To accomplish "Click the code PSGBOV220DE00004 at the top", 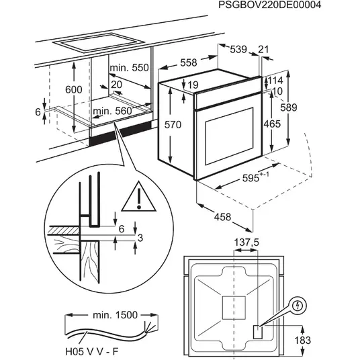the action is pyautogui.click(x=269, y=5).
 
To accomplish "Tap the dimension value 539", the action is pyautogui.click(x=238, y=49).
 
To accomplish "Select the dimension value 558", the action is pyautogui.click(x=189, y=62).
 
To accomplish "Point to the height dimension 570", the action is pyautogui.click(x=173, y=125).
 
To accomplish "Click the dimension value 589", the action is pyautogui.click(x=289, y=107).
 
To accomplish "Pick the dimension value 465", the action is pyautogui.click(x=272, y=124).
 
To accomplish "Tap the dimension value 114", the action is pyautogui.click(x=275, y=81).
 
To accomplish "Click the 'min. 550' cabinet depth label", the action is pyautogui.click(x=129, y=68).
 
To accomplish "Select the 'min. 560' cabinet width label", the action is pyautogui.click(x=113, y=111).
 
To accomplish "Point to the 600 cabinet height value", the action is pyautogui.click(x=74, y=89).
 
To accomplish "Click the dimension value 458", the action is pyautogui.click(x=222, y=217).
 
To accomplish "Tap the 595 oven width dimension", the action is pyautogui.click(x=255, y=177).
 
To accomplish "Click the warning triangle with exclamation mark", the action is pyautogui.click(x=138, y=197).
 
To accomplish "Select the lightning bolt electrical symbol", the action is pyautogui.click(x=298, y=306).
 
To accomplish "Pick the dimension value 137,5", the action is pyautogui.click(x=246, y=242).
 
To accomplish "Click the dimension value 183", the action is pyautogui.click(x=303, y=341).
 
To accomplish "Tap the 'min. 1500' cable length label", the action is pyautogui.click(x=115, y=315).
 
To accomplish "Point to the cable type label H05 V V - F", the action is pyautogui.click(x=92, y=351).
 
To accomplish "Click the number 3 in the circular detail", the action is pyautogui.click(x=140, y=238).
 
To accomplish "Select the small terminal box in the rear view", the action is pyautogui.click(x=258, y=332).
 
